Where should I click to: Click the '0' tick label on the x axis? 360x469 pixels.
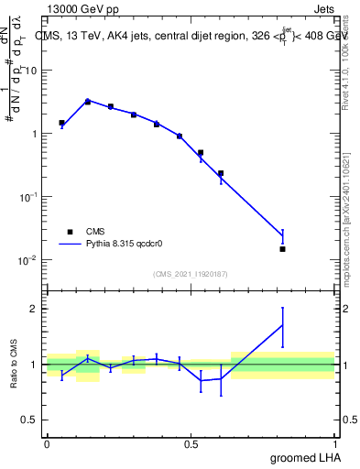click(47, 443)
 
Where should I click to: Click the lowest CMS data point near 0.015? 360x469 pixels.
click(282, 249)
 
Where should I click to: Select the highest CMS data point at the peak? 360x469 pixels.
click(88, 102)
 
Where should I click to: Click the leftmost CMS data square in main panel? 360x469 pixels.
click(61, 123)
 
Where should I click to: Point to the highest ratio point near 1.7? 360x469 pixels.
click(282, 325)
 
